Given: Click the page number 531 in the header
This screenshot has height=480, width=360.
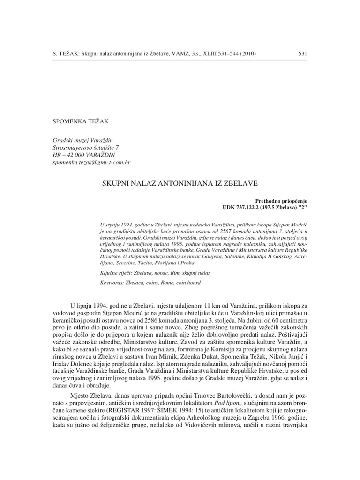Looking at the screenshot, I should point(302,54).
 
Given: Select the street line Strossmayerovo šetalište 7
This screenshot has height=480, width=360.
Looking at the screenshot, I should point(86,147).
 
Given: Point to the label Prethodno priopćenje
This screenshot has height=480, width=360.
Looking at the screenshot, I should point(281,200).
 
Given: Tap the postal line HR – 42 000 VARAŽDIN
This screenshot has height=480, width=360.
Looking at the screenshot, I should point(84,154).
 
